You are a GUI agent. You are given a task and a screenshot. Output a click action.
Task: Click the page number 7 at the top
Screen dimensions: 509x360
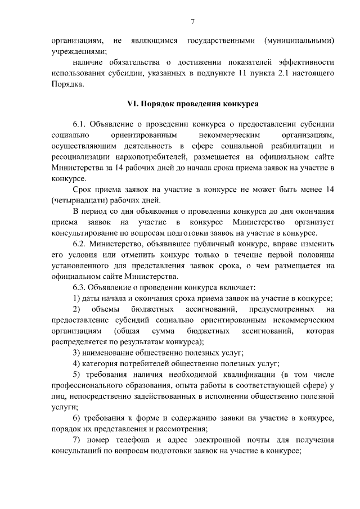(193, 22)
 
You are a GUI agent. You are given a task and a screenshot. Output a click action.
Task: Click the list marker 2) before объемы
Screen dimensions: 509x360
(78, 308)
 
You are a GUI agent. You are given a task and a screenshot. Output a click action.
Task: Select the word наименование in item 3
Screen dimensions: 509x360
(107, 352)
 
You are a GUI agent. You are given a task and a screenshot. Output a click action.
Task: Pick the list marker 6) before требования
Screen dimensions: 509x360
(76, 417)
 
